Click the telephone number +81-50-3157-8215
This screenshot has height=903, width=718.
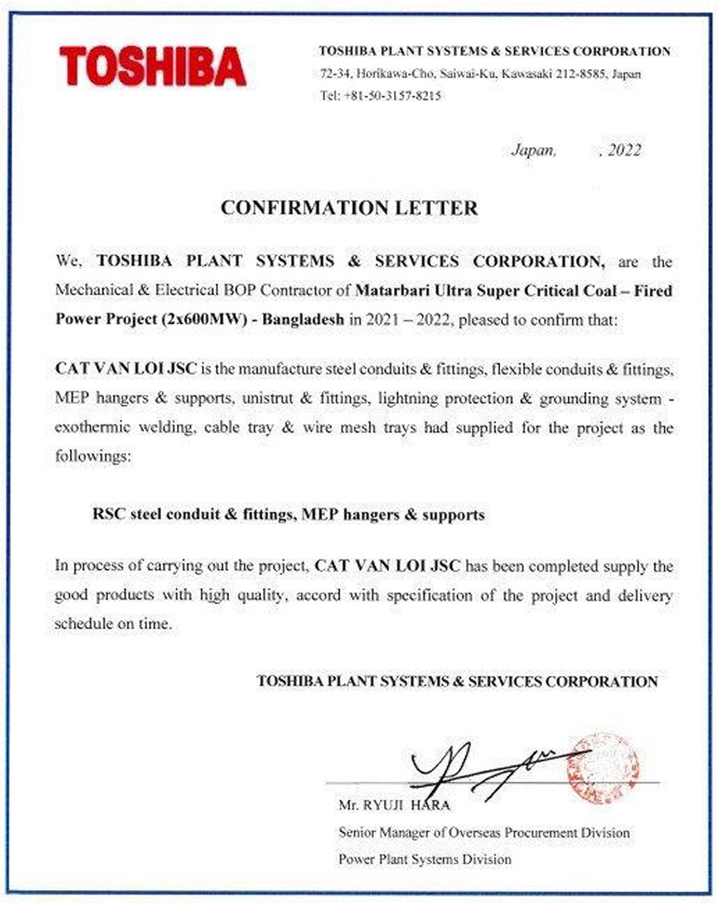coord(392,95)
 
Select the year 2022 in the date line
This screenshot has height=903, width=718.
coord(623,151)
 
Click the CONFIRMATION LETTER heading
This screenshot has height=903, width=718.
coord(349,207)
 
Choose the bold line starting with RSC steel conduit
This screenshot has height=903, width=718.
coord(289,515)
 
